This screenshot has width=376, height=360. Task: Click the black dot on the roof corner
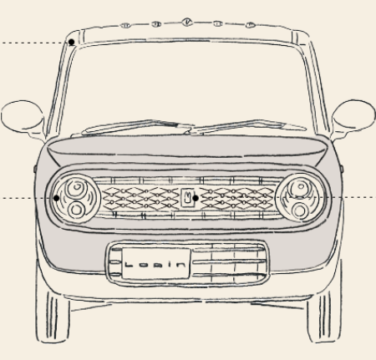point(72,42)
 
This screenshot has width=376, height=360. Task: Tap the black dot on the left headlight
point(56,198)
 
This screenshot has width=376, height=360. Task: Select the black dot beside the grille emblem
point(196,198)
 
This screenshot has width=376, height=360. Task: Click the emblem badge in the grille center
point(187,198)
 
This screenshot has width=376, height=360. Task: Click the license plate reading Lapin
point(156,263)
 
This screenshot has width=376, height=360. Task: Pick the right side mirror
point(353,115)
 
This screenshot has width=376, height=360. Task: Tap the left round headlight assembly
point(75,198)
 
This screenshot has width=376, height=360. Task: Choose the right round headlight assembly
point(301,198)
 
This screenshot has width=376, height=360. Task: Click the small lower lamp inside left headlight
point(76,210)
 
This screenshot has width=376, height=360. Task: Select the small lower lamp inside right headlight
point(300,210)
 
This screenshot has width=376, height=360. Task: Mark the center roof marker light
point(187,22)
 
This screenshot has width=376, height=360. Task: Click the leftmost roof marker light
point(125,25)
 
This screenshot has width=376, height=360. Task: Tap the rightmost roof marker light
point(251,25)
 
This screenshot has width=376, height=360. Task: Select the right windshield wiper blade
point(248,125)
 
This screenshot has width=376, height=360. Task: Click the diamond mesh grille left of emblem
point(141,199)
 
